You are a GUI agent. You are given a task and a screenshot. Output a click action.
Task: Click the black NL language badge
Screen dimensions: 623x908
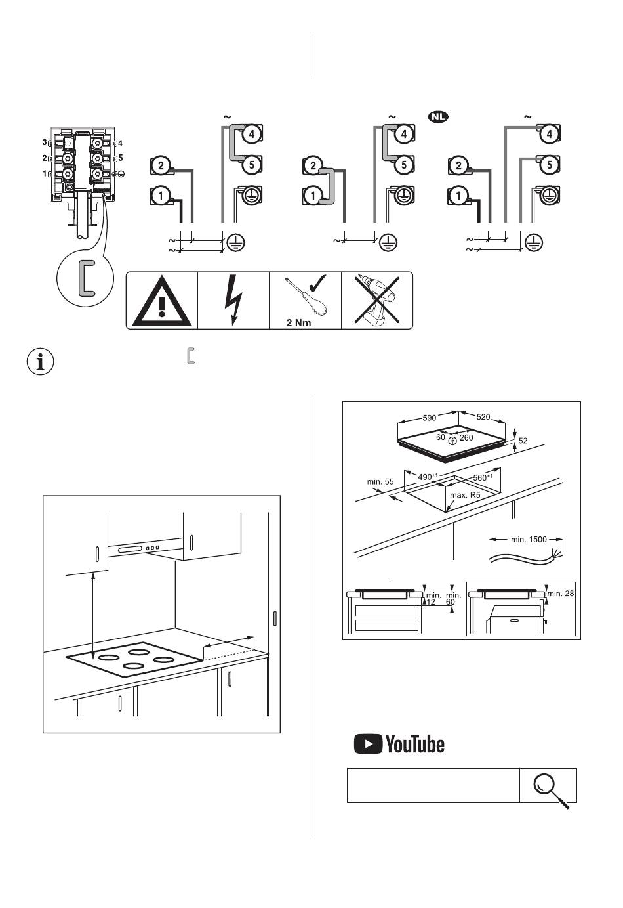(438, 117)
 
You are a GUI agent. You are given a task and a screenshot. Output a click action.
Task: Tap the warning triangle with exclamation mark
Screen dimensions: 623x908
(162, 301)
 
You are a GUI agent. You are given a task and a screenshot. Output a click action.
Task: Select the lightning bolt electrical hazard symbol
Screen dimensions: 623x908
(233, 301)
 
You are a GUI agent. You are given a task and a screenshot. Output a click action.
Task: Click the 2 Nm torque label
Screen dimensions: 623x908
(299, 322)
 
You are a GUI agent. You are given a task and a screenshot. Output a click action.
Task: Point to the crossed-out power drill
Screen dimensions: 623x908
(377, 301)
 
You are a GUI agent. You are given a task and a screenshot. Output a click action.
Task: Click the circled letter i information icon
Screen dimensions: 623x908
(41, 361)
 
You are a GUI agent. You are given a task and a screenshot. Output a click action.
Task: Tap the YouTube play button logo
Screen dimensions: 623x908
(368, 744)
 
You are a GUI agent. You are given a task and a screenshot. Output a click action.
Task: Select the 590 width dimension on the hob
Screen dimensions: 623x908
(429, 418)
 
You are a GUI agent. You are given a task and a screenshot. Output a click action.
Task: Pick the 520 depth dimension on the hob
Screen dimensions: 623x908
(483, 417)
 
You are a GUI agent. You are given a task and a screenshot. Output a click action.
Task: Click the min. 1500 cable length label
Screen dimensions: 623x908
(529, 540)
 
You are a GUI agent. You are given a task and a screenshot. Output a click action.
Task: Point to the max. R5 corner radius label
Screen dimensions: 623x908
(465, 495)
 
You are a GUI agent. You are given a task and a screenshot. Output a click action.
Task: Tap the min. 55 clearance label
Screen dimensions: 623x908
(380, 481)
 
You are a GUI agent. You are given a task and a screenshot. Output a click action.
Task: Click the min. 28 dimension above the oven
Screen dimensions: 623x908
(561, 594)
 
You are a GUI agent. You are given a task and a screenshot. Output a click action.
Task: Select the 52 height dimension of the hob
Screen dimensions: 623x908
(523, 441)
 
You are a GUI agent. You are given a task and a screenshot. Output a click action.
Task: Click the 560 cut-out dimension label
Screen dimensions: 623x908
(483, 477)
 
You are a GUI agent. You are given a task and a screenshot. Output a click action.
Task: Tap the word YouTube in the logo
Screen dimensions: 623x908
(415, 745)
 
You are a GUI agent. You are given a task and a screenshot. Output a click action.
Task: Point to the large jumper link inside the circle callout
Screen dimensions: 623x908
(86, 278)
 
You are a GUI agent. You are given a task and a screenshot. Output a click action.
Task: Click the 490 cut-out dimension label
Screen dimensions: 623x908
(428, 477)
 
